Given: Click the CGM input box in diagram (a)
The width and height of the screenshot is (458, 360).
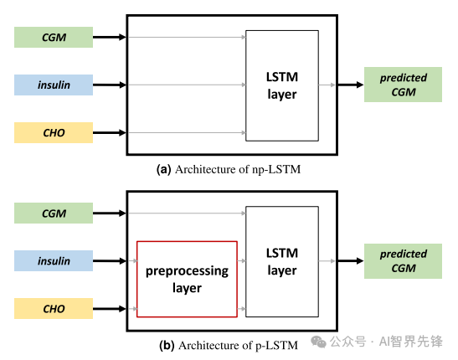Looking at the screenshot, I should [54, 37].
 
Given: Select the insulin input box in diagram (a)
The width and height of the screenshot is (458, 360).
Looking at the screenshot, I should [54, 85].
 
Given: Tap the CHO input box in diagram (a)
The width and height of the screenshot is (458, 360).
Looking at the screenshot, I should [54, 132].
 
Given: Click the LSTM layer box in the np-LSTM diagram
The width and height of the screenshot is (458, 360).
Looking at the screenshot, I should [282, 85].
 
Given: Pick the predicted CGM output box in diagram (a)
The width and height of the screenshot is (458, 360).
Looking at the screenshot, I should [403, 85].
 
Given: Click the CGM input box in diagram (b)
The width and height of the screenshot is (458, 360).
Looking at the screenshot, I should [54, 213].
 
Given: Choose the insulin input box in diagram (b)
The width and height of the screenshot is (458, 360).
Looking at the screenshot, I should [54, 261].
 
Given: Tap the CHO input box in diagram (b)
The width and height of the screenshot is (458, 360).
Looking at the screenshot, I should [54, 309].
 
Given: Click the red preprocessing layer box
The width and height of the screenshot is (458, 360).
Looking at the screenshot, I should [187, 279].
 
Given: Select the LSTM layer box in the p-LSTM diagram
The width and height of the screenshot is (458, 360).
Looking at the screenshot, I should [282, 261].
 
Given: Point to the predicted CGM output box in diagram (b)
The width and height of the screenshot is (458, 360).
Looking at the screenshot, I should [403, 261].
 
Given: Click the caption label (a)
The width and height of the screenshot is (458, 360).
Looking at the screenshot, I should [164, 169].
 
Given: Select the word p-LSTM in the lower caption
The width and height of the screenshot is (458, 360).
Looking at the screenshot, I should [276, 345].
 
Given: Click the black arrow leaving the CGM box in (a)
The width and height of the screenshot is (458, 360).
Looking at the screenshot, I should [109, 37].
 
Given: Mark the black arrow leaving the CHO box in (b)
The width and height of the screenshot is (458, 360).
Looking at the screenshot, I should [109, 309].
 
